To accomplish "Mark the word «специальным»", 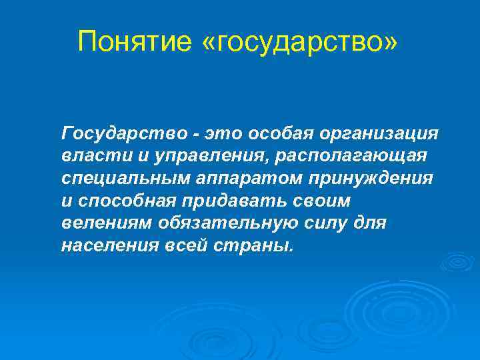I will (127, 178).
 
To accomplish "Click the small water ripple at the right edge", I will (458, 262).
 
